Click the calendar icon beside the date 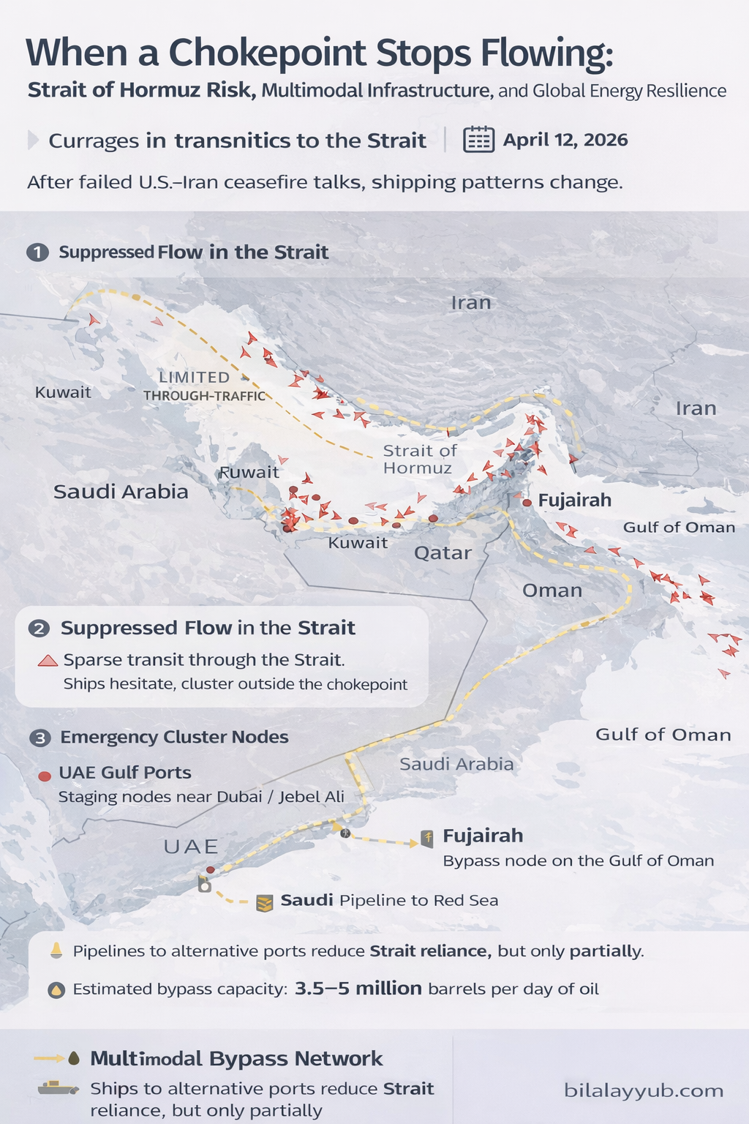(479, 139)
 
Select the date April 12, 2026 (565, 140)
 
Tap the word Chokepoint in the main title (267, 53)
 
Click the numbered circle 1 (37, 252)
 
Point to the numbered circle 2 (39, 629)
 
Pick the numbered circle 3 (39, 738)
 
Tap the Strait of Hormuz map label (419, 459)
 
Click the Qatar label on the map (443, 552)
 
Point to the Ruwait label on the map (249, 472)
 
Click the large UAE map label (191, 847)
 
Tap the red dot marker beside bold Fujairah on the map (527, 503)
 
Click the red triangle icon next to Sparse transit (48, 661)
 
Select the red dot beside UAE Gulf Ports (45, 776)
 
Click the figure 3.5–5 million (358, 989)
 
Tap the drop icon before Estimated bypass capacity (56, 990)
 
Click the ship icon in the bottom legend (58, 1088)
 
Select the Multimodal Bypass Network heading (236, 1058)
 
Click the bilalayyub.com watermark (644, 1090)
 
